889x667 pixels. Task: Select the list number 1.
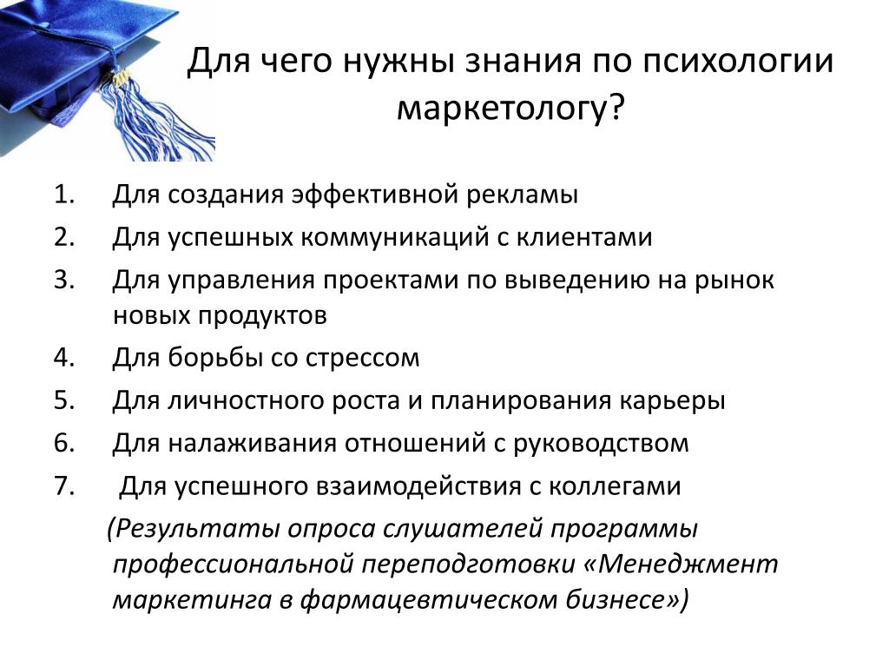click(64, 195)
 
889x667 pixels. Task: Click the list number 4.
click(64, 357)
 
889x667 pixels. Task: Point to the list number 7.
click(64, 486)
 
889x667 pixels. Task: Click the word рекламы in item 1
click(522, 195)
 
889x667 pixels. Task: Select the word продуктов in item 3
click(262, 316)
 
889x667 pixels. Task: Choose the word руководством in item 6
click(601, 444)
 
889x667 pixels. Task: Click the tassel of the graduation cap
click(150, 116)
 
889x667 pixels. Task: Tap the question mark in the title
click(616, 107)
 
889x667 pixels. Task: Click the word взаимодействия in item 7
click(418, 487)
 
